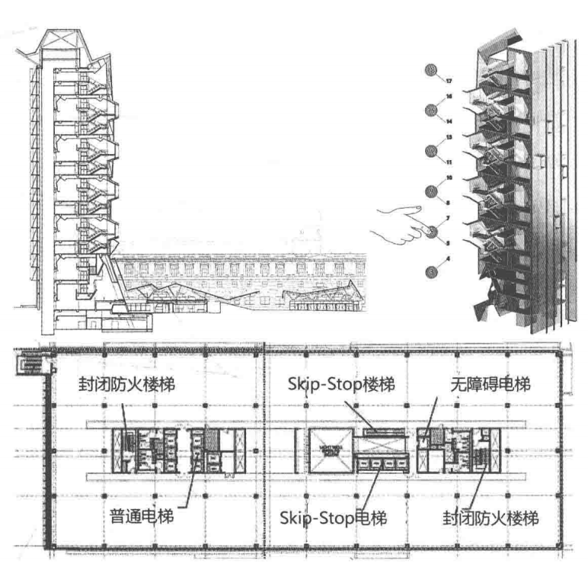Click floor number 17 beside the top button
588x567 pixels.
449,80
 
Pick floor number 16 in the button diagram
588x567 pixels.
449,97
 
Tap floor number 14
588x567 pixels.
449,121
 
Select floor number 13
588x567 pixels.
449,137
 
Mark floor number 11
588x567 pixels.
449,162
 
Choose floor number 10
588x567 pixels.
449,178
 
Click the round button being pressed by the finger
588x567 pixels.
435,232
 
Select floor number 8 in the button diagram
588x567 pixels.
449,203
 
